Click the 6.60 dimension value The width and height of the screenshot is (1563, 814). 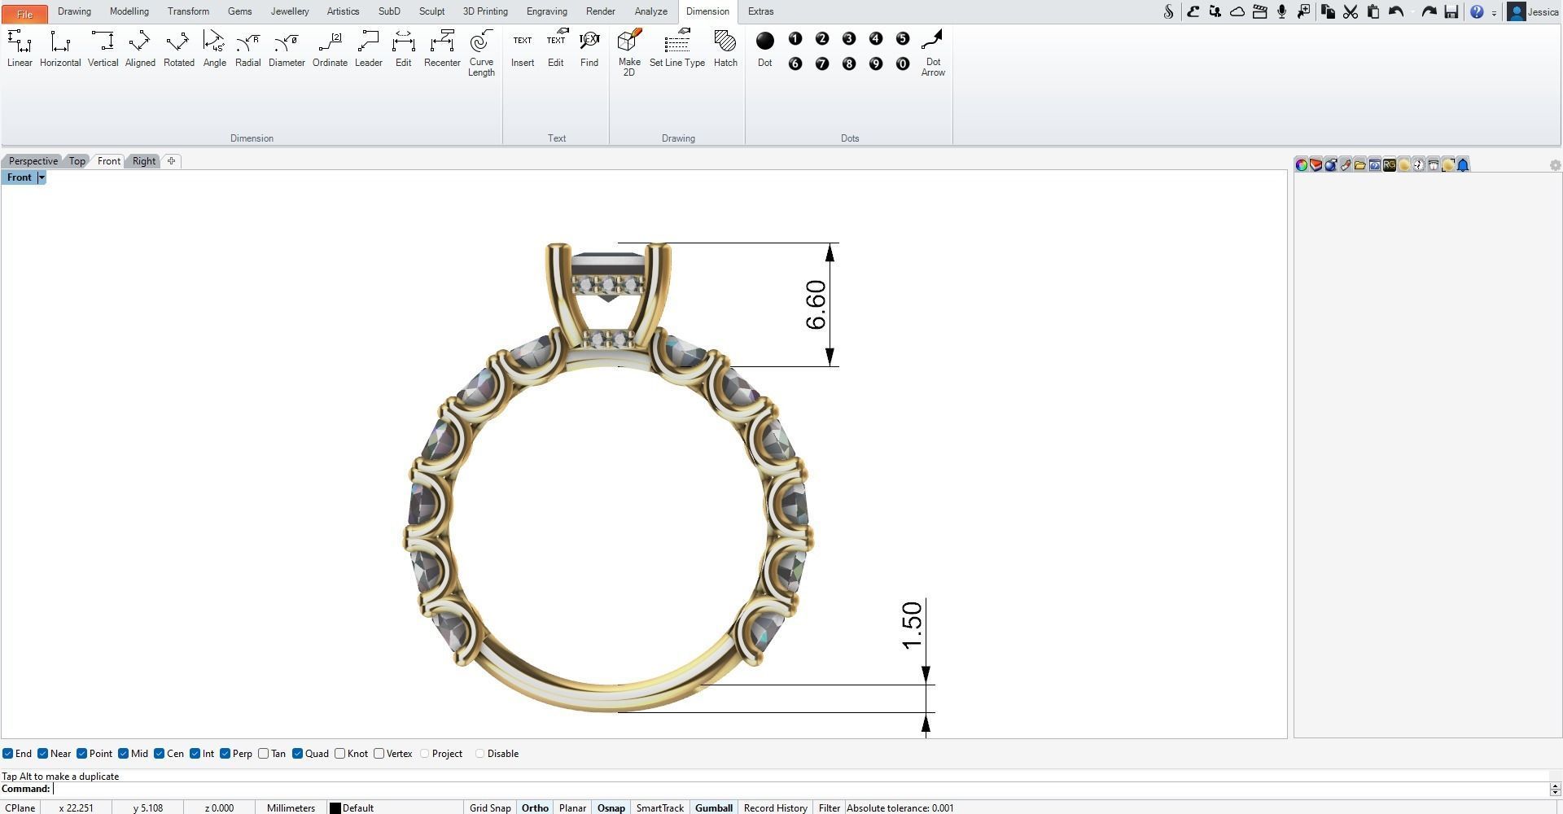[816, 305]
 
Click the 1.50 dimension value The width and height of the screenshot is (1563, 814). [913, 626]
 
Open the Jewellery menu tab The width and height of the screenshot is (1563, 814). [289, 11]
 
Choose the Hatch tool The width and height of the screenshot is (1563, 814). [725, 49]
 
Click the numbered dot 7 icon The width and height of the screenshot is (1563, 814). [822, 63]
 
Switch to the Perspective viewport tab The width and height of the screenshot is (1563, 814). [33, 161]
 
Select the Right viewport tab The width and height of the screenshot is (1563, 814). [144, 161]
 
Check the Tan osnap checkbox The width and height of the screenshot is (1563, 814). [264, 754]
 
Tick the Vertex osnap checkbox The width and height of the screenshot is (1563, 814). [379, 754]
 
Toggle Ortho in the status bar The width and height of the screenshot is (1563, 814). [535, 807]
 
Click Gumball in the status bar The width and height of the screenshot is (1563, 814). [713, 807]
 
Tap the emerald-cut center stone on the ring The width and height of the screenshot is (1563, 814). [609, 265]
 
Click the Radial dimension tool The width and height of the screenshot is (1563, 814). [247, 49]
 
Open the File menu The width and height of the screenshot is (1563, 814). [24, 13]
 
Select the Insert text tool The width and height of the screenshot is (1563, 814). [523, 49]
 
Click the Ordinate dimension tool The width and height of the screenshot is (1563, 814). [330, 49]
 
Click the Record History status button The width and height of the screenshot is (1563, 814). [775, 807]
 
